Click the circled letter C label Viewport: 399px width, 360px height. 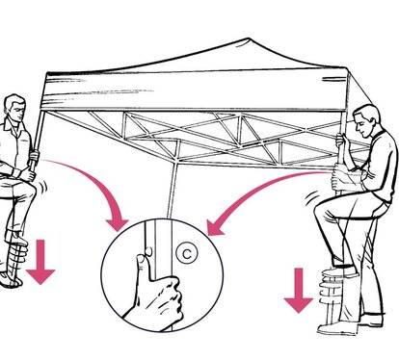point(187,253)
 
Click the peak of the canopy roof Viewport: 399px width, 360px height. point(248,39)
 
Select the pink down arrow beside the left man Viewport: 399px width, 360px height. point(40,262)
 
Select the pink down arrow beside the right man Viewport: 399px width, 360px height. point(299,291)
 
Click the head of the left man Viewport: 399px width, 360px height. point(15,108)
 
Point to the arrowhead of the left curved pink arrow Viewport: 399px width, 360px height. point(118,224)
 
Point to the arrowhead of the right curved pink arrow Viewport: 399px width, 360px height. point(214,228)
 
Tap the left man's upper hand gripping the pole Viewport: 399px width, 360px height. point(34,156)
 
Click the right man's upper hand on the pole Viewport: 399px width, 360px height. point(340,140)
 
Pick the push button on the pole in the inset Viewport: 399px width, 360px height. point(148,251)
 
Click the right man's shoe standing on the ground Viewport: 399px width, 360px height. point(370,320)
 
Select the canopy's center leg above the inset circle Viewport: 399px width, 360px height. point(173,190)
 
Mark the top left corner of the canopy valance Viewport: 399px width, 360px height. point(47,72)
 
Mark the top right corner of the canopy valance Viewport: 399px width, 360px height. point(347,67)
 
